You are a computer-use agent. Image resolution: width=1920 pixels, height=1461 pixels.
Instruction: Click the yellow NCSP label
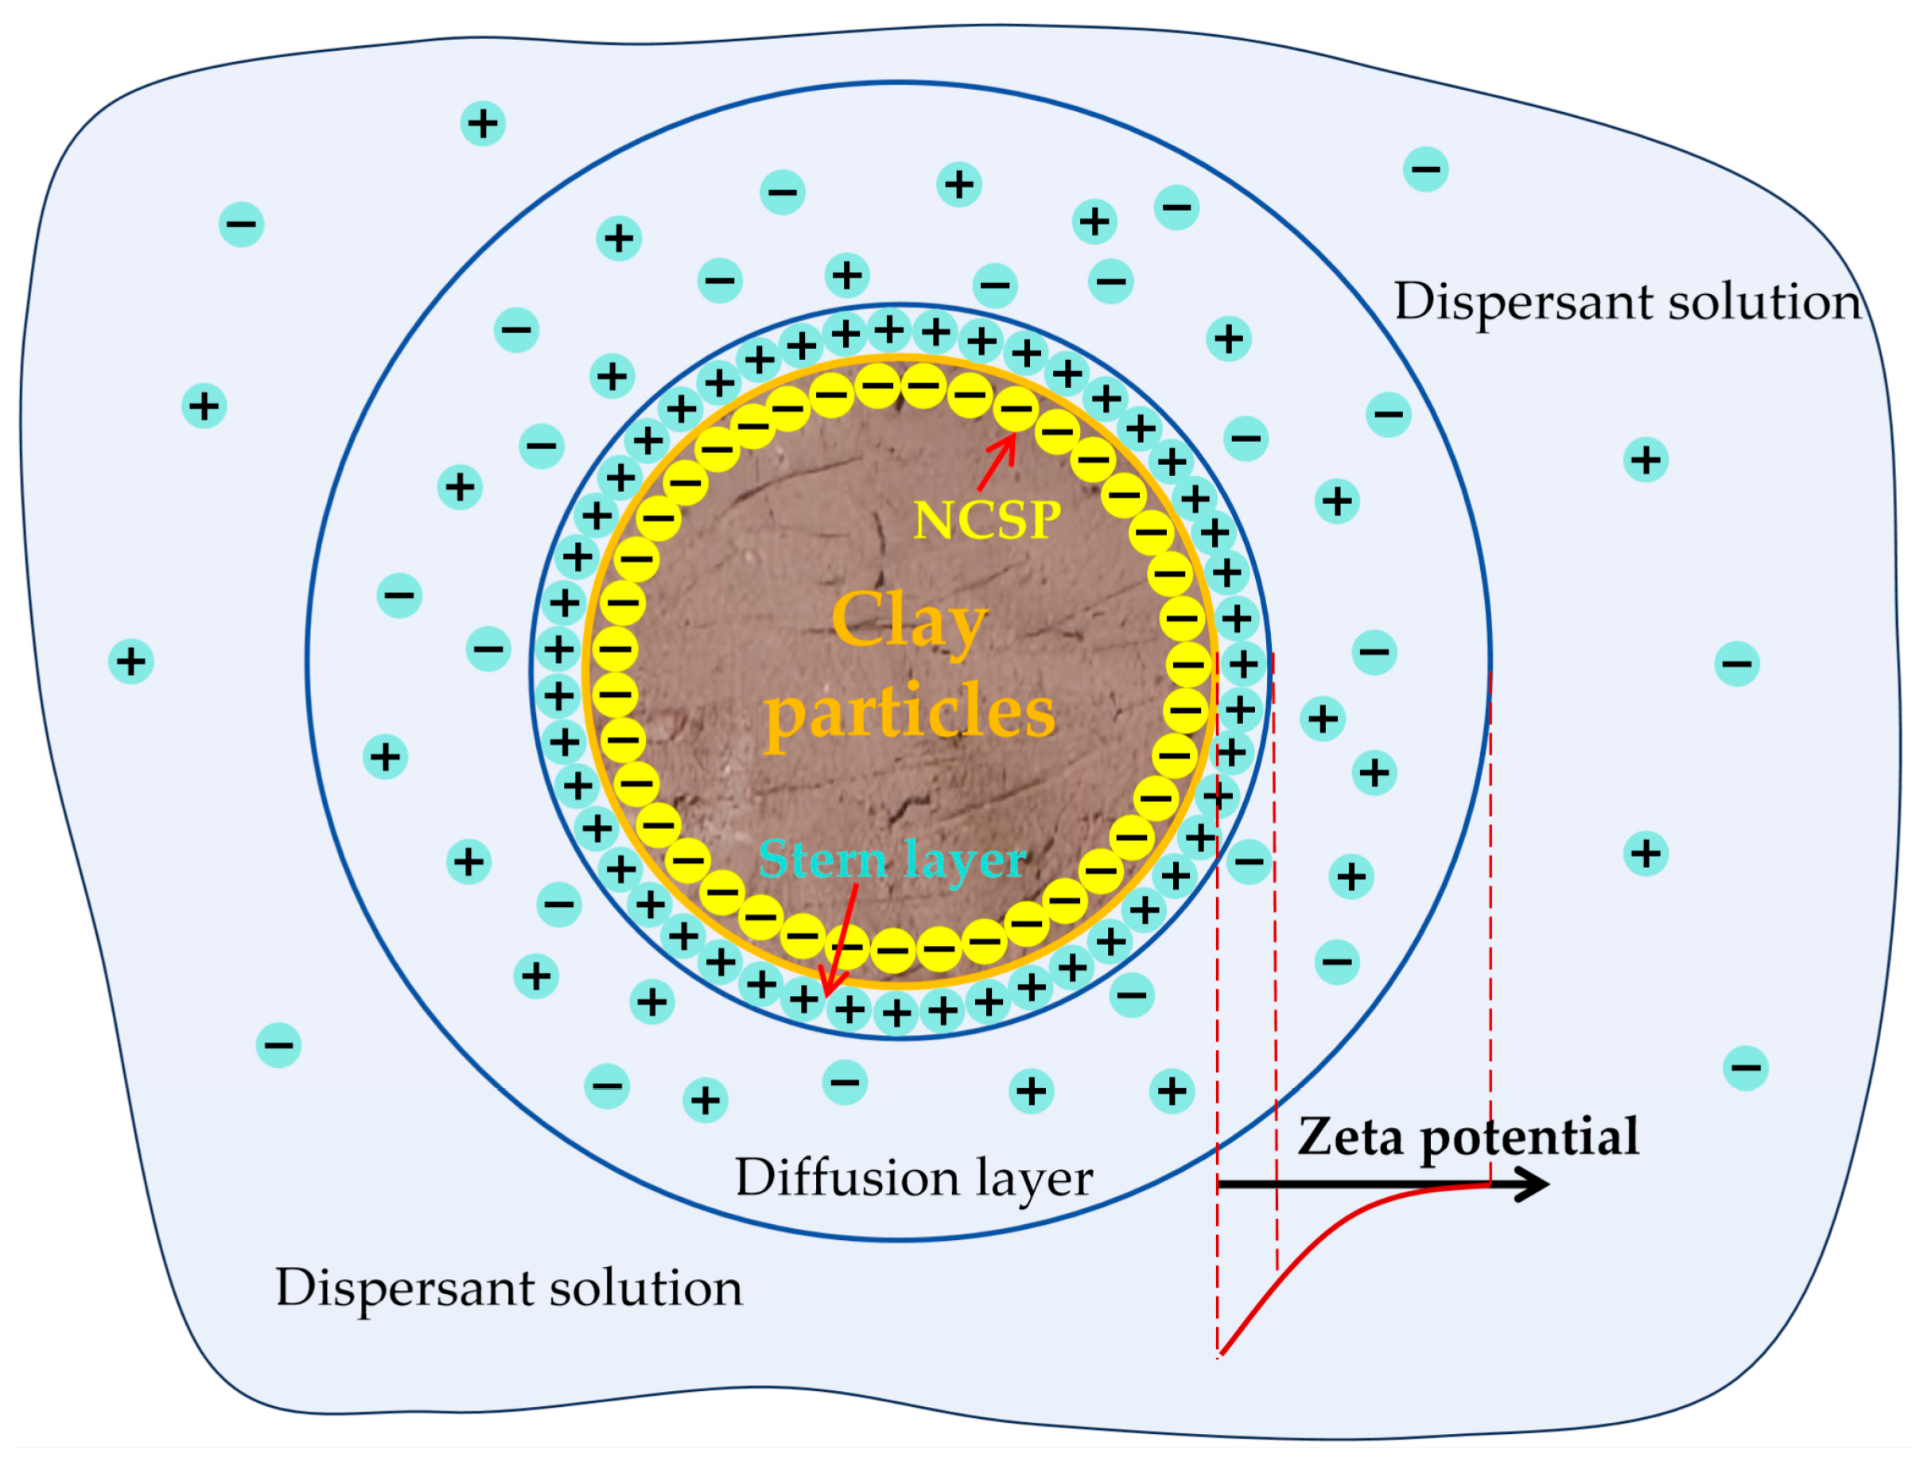click(x=986, y=521)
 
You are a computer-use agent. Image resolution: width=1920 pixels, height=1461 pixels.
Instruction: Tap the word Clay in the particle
click(x=909, y=620)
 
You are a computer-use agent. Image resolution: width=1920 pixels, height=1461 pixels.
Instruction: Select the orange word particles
click(x=910, y=712)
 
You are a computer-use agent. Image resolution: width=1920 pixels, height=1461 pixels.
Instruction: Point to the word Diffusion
click(x=847, y=1178)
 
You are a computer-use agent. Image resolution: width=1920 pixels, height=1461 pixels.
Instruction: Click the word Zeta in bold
click(x=1351, y=1137)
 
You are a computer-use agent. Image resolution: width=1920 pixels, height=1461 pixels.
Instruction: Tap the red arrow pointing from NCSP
click(x=996, y=463)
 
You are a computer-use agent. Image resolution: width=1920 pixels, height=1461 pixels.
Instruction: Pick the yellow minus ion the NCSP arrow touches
click(x=1015, y=409)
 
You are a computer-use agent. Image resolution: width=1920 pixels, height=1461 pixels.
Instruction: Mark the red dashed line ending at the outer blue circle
click(x=1491, y=913)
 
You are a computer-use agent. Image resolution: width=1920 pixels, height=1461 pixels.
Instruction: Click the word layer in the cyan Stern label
click(x=966, y=860)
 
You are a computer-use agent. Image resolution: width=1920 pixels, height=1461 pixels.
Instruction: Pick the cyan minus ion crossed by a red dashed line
click(x=1250, y=862)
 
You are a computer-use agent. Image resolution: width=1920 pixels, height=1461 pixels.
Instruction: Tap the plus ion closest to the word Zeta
click(x=1172, y=1091)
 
